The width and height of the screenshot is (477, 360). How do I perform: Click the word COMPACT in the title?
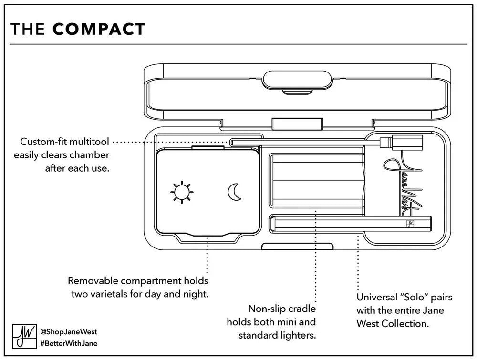pos(99,29)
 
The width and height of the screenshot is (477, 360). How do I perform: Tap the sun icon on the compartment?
pos(181,192)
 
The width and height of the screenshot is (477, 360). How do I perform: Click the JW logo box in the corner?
pos(23,337)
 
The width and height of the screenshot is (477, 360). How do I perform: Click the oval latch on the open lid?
pos(298,79)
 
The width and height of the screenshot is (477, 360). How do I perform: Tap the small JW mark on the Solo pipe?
pos(409,223)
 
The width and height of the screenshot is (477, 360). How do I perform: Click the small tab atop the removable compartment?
pos(208,148)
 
